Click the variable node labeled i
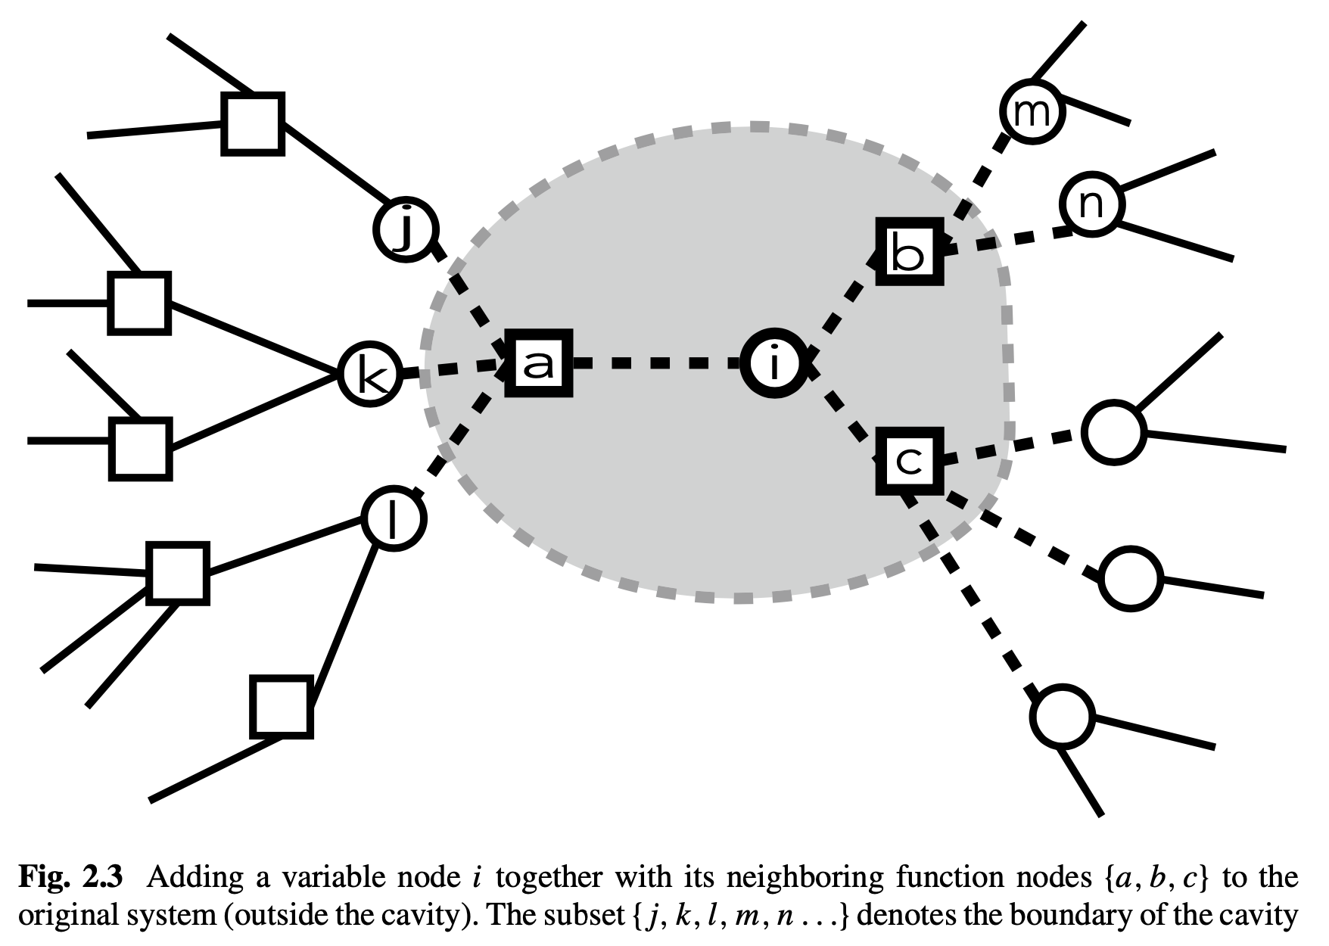click(773, 363)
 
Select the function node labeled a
click(538, 363)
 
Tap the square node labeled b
click(909, 251)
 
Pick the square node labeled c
click(909, 460)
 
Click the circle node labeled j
click(406, 228)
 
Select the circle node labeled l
click(394, 518)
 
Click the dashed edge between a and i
click(655, 364)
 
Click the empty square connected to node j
click(253, 124)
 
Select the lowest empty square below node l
click(282, 706)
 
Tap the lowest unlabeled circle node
click(1063, 717)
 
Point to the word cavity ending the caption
click(1259, 916)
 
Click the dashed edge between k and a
click(453, 369)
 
